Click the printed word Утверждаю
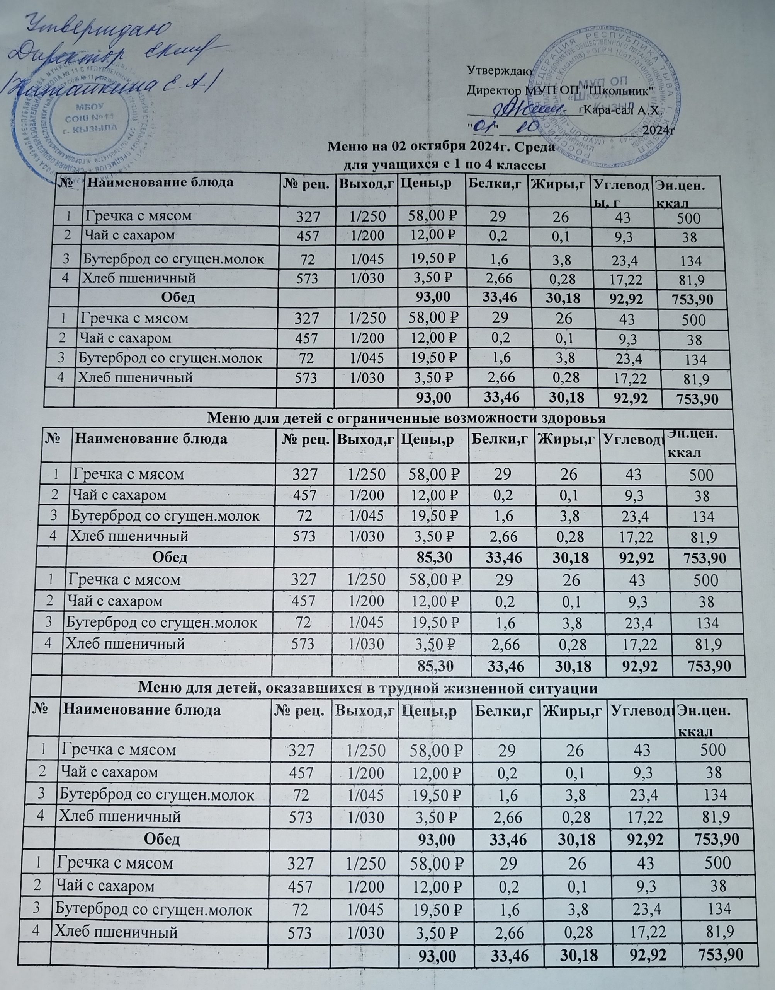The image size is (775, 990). click(496, 70)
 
